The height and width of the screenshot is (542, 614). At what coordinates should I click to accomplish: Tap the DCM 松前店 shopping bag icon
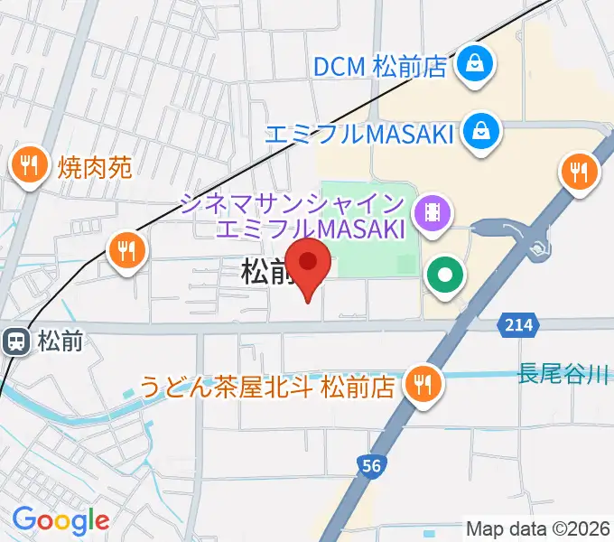click(x=472, y=64)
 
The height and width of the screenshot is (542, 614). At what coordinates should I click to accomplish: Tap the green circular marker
click(x=445, y=275)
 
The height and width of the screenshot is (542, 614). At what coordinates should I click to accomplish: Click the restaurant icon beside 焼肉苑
click(x=30, y=166)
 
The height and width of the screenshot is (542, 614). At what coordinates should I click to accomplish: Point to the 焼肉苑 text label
click(x=95, y=166)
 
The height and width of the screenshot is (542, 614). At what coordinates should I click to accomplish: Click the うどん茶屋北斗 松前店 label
click(x=267, y=388)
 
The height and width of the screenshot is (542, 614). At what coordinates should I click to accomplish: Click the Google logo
click(x=60, y=520)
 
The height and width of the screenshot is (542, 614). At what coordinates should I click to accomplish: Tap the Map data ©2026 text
click(x=538, y=528)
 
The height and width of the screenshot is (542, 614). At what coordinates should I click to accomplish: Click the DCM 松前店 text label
click(x=380, y=66)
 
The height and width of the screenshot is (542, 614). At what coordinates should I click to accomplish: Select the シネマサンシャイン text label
click(x=291, y=203)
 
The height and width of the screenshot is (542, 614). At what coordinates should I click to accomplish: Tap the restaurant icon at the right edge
click(x=579, y=171)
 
